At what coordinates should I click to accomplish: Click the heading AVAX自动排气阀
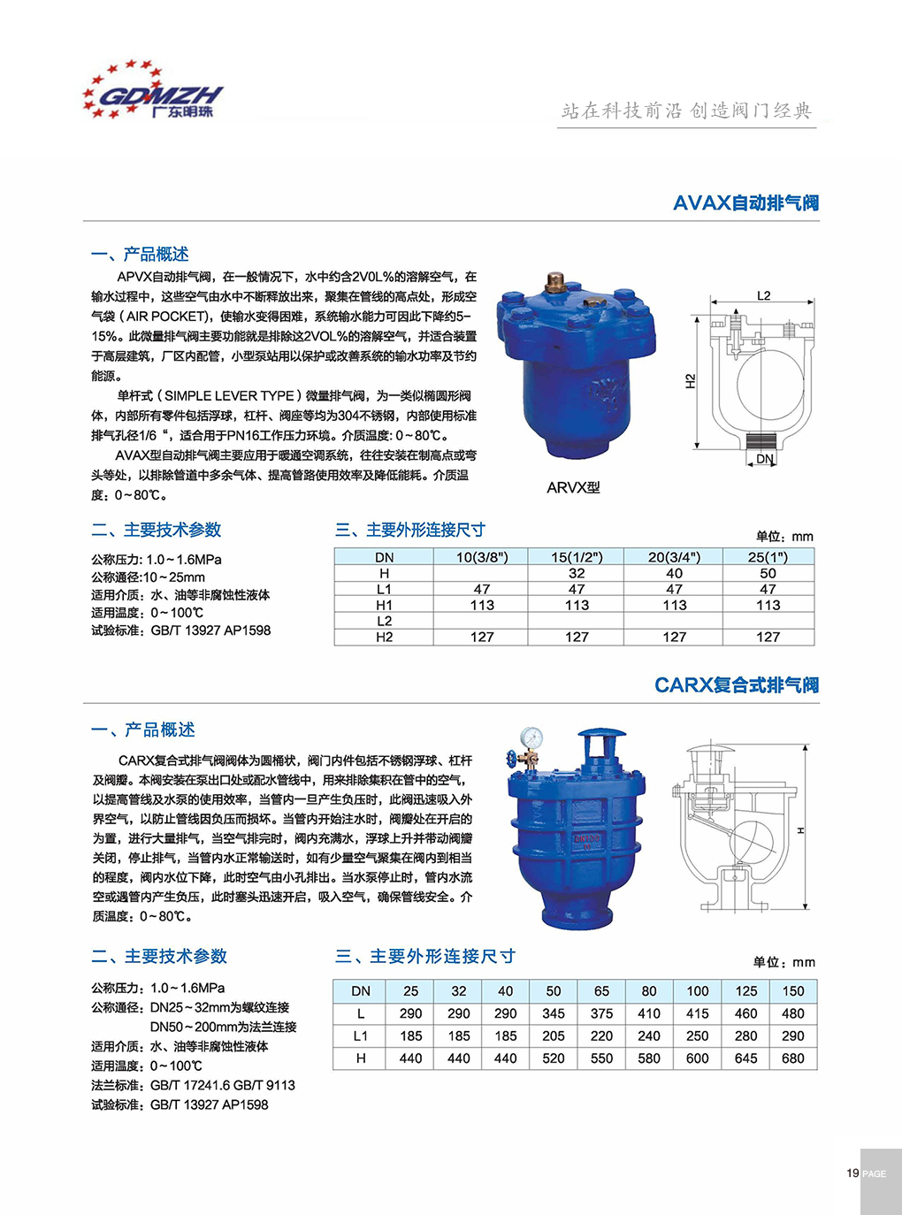(x=745, y=203)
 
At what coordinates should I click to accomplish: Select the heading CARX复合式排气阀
(x=736, y=685)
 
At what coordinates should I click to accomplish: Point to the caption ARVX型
(x=573, y=487)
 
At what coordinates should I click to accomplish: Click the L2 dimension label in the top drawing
(x=763, y=295)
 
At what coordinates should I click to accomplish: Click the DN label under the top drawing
(x=765, y=459)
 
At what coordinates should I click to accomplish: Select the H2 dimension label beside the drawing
(x=691, y=381)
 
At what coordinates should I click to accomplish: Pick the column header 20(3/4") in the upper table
(x=674, y=557)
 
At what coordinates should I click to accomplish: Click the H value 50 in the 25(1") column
(x=768, y=573)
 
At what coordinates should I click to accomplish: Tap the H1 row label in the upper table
(x=384, y=605)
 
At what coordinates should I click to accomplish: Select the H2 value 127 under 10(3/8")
(x=482, y=637)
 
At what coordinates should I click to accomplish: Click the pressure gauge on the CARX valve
(x=531, y=737)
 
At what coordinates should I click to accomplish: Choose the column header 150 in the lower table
(x=793, y=991)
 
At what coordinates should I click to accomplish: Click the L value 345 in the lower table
(x=554, y=1013)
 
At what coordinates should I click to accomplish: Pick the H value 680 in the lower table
(x=793, y=1058)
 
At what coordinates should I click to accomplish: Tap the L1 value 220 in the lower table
(x=601, y=1035)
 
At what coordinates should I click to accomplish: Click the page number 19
(x=852, y=1173)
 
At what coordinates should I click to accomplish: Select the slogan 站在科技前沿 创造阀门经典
(x=686, y=111)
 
